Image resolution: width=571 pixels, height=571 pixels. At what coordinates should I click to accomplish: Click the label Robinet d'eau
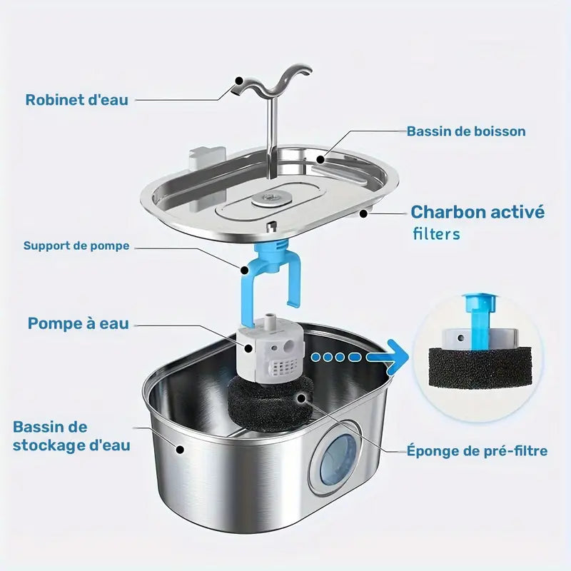pos(77,100)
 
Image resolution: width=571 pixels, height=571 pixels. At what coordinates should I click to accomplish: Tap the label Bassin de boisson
pos(466,131)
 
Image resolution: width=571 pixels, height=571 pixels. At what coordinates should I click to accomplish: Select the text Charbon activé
pos(477,212)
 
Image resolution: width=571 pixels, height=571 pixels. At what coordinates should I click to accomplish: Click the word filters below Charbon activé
pos(437,234)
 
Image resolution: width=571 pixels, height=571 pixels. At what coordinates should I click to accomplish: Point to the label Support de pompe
pos(76,246)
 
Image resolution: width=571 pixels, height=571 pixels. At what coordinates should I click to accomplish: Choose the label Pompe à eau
pos(79,323)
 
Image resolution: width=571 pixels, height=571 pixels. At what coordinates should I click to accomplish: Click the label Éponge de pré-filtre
pos(477,451)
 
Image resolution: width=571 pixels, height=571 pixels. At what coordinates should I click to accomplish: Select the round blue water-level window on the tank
pos(338,460)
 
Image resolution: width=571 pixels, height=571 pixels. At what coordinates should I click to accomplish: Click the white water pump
pos(269,350)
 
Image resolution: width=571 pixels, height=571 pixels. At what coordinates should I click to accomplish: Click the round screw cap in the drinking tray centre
pos(270,198)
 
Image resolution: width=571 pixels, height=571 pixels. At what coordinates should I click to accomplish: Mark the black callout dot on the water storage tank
pos(180,450)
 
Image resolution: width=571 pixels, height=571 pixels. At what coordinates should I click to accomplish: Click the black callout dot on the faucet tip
pos(239,80)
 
